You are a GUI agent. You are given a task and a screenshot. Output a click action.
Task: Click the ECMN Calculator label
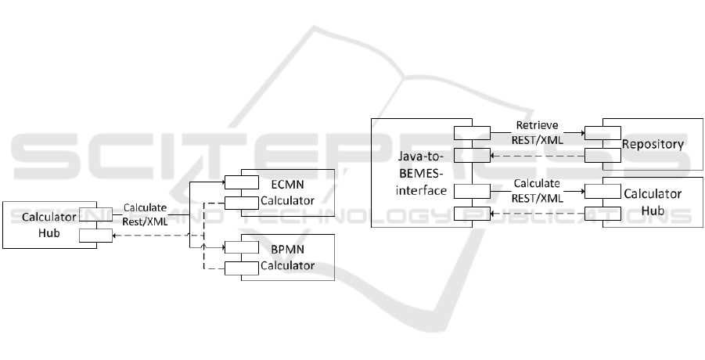click(x=288, y=193)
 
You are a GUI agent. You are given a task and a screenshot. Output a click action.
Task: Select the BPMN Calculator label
click(x=288, y=257)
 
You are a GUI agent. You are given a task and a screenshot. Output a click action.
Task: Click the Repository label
click(x=653, y=144)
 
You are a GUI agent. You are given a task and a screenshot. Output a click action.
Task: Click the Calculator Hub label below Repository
click(x=653, y=201)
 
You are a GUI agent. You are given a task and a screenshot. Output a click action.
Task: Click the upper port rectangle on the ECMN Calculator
click(x=241, y=183)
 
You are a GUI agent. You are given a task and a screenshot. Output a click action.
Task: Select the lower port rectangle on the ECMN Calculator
click(x=241, y=203)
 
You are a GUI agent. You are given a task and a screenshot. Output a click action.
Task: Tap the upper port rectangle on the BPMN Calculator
click(x=241, y=248)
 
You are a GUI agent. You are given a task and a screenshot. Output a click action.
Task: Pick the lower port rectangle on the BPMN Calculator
click(x=241, y=268)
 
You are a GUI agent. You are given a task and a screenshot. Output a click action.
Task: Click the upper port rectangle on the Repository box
click(x=602, y=131)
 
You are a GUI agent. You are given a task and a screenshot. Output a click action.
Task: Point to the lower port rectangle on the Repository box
click(x=602, y=155)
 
